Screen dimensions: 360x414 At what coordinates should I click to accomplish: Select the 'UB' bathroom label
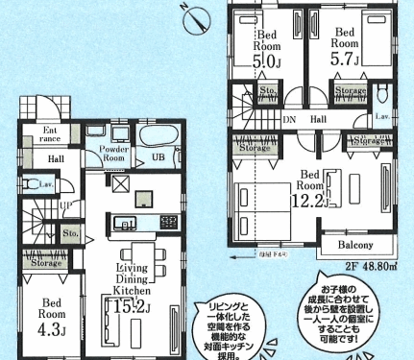pos(157,158)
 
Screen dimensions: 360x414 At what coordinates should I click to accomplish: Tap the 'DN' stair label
pos(289,120)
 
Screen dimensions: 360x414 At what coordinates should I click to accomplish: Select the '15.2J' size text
pos(132,309)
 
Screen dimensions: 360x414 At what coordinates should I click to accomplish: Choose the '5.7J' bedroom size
pos(347,58)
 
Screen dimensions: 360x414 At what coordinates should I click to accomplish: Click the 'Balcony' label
pos(362,246)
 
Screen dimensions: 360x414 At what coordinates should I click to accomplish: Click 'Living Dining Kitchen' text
pos(132,277)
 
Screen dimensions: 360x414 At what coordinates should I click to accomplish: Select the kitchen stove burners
pos(168,223)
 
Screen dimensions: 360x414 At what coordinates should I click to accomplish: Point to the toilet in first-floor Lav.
pos(30,183)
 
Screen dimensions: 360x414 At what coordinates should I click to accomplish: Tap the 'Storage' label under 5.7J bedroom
pos(349,92)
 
